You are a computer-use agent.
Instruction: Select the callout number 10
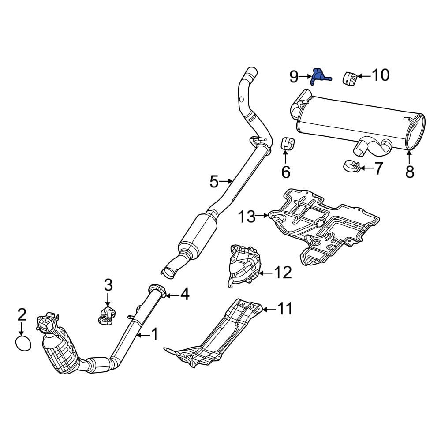(x=380, y=75)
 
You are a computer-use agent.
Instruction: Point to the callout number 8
(x=410, y=172)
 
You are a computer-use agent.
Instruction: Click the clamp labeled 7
(x=351, y=166)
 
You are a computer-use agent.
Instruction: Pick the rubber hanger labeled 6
(x=288, y=143)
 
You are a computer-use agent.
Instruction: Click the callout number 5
(x=214, y=181)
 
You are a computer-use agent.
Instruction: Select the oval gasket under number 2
(x=23, y=343)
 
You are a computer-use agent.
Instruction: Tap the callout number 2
(x=22, y=315)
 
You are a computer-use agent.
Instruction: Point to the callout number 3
(x=108, y=285)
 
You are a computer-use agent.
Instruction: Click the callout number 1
(x=154, y=335)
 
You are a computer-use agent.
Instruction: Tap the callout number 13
(x=247, y=217)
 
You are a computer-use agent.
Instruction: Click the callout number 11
(x=285, y=309)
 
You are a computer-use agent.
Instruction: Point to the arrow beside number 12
(x=264, y=273)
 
